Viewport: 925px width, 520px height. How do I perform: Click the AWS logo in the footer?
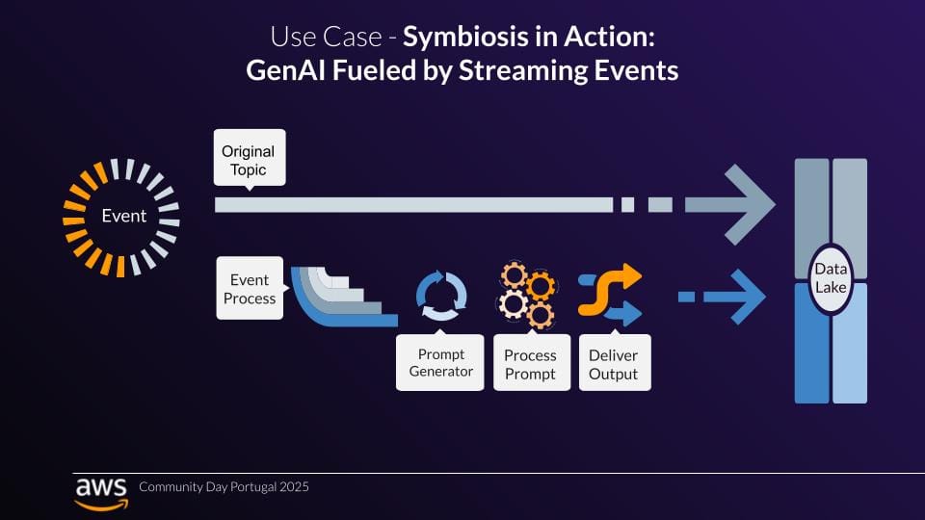(x=100, y=490)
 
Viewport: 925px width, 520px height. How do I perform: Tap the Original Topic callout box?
(x=248, y=160)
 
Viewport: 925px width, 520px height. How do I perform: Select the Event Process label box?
(x=250, y=289)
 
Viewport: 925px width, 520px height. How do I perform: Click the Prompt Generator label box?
(x=440, y=362)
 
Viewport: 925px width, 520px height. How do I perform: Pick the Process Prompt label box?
(x=531, y=364)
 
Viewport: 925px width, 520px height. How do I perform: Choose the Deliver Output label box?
(x=614, y=364)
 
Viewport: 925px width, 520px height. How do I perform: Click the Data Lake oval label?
(x=831, y=279)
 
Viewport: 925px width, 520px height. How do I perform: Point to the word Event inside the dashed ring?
(x=124, y=216)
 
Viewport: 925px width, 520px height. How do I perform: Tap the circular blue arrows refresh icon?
(x=440, y=296)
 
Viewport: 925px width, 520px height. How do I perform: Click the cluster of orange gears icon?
(x=527, y=294)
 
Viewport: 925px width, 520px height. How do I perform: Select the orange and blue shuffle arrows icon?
(x=609, y=294)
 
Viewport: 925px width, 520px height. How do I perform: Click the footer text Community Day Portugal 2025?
(x=224, y=487)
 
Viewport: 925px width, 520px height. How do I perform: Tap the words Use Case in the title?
(x=310, y=38)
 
